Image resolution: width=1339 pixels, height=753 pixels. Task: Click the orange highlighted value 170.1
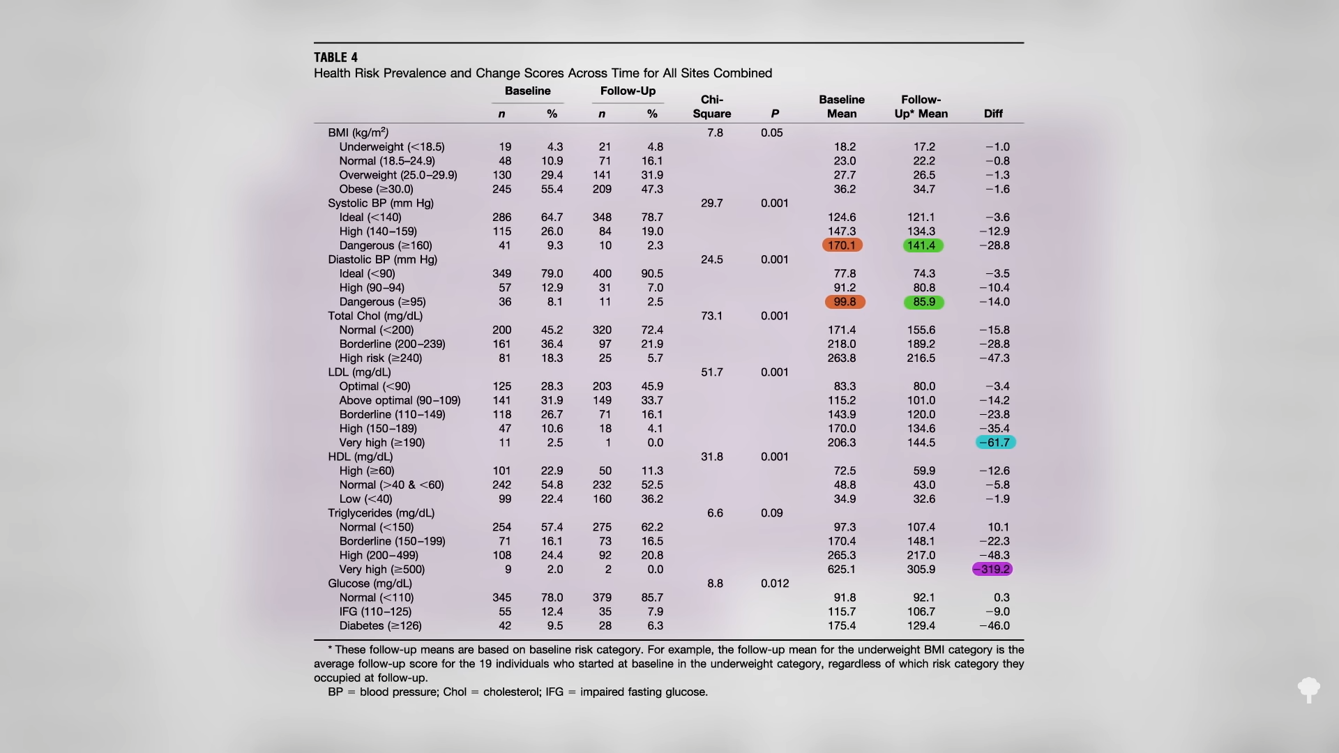tap(842, 245)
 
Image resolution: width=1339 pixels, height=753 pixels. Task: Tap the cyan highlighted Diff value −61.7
tap(994, 443)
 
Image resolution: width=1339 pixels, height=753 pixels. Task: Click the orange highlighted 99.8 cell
tap(845, 302)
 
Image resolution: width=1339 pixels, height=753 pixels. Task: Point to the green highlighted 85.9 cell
tap(924, 302)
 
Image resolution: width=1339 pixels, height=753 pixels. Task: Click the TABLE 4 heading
tap(335, 58)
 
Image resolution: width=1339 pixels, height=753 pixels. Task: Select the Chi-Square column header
tap(712, 107)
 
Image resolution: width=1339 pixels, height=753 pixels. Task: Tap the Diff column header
tap(993, 114)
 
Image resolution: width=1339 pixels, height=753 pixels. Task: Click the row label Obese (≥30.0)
tap(376, 189)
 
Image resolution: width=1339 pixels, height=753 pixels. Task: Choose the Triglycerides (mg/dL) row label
tap(381, 513)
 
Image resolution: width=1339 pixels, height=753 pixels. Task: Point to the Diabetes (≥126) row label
tap(380, 626)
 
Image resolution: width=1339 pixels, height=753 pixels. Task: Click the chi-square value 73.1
tap(712, 316)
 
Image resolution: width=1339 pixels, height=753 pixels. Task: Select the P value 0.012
tap(775, 584)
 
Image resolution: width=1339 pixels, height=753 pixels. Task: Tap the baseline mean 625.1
tap(842, 570)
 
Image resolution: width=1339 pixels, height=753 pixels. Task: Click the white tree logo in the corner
tap(1309, 690)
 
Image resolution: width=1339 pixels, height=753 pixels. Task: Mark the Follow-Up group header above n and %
tap(628, 91)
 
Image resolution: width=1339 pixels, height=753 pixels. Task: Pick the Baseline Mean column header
tap(842, 107)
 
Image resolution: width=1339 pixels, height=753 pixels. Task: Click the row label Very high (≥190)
tap(381, 443)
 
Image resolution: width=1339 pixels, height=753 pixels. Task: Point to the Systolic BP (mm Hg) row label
tap(381, 204)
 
